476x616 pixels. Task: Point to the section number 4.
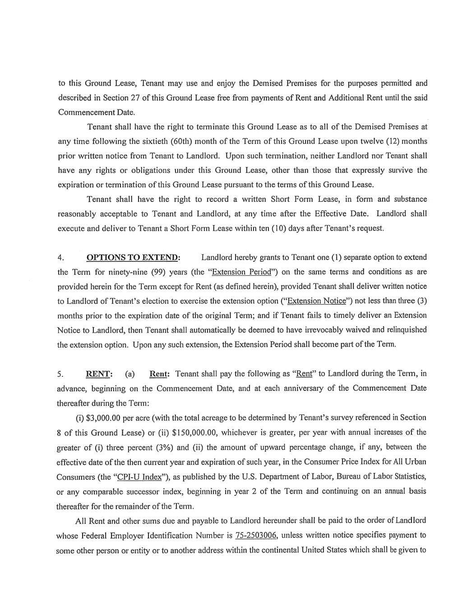point(60,258)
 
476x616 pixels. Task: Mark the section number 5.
point(60,374)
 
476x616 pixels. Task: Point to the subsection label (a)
point(130,374)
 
